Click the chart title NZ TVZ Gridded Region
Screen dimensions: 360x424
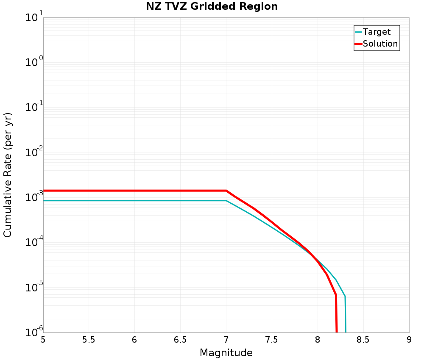coord(212,7)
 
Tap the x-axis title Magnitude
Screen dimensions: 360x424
coord(226,353)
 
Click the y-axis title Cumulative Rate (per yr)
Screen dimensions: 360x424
coord(8,175)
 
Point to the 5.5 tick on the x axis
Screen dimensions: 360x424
coord(89,340)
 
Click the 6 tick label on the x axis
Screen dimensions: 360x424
coord(134,340)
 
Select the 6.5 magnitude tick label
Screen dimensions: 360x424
coord(180,340)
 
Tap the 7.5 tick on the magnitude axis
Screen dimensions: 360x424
coord(272,340)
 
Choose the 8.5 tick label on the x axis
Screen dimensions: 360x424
coord(363,340)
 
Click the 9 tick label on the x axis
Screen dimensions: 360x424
coord(409,340)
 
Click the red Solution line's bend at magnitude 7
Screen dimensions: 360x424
coord(226,191)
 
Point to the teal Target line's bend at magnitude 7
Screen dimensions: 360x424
coord(226,201)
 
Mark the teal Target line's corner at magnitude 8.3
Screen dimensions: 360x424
coord(345,296)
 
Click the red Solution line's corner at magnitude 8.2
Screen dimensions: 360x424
coord(336,294)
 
